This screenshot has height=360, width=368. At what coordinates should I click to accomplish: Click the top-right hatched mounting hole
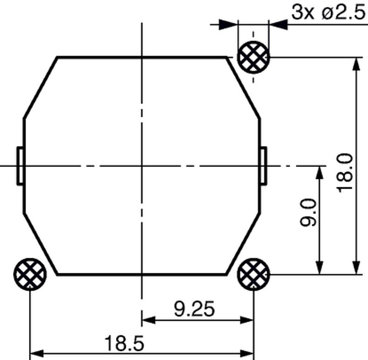pyautogui.click(x=253, y=58)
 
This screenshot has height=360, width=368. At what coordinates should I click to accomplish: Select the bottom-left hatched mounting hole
pyautogui.click(x=30, y=274)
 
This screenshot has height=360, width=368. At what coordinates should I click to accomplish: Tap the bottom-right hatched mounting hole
pyautogui.click(x=253, y=274)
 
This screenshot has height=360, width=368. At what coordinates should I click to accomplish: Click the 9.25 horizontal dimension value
pyautogui.click(x=195, y=308)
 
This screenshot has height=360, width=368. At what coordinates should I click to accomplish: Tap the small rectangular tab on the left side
pyautogui.click(x=20, y=166)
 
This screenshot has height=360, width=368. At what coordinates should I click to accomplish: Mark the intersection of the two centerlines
pyautogui.click(x=141, y=165)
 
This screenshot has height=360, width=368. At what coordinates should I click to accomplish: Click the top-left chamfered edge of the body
pyautogui.click(x=40, y=88)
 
